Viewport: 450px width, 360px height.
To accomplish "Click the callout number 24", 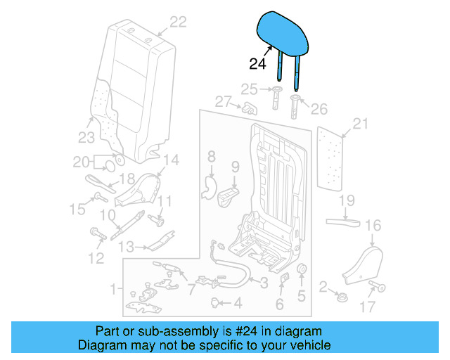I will [x=259, y=65].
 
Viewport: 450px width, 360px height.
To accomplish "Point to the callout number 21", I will [x=361, y=124].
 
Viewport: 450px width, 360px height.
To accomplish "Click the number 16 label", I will [x=373, y=225].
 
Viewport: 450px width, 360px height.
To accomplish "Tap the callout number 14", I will [x=171, y=159].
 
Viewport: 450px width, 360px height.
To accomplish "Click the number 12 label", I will [x=96, y=258].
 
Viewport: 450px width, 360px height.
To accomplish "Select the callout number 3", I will [x=264, y=283].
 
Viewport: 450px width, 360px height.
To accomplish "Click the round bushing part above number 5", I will [x=302, y=271].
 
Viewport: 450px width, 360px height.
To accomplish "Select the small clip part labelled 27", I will [x=248, y=108].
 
